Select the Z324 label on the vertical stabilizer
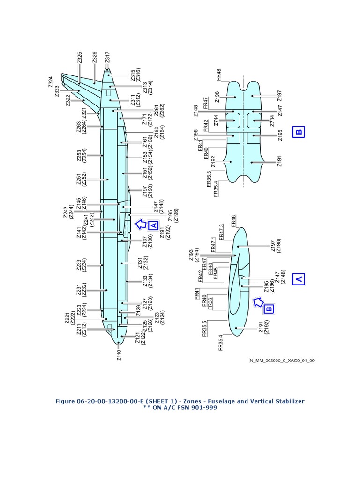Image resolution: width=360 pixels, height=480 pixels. [51, 82]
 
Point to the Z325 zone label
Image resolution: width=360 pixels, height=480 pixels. [80, 58]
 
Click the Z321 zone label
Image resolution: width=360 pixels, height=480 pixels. [84, 114]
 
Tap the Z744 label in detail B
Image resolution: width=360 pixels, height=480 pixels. [216, 121]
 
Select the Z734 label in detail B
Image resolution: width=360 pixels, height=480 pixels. [272, 121]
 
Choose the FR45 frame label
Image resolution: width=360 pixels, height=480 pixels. [216, 273]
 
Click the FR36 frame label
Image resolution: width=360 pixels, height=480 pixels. [210, 303]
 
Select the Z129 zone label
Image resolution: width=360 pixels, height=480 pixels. [138, 310]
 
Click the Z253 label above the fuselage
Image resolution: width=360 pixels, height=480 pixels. [79, 157]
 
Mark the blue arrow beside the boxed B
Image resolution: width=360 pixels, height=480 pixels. [258, 302]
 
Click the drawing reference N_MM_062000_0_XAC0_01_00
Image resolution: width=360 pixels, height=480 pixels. [282, 360]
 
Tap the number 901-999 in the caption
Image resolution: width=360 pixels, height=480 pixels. [204, 407]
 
